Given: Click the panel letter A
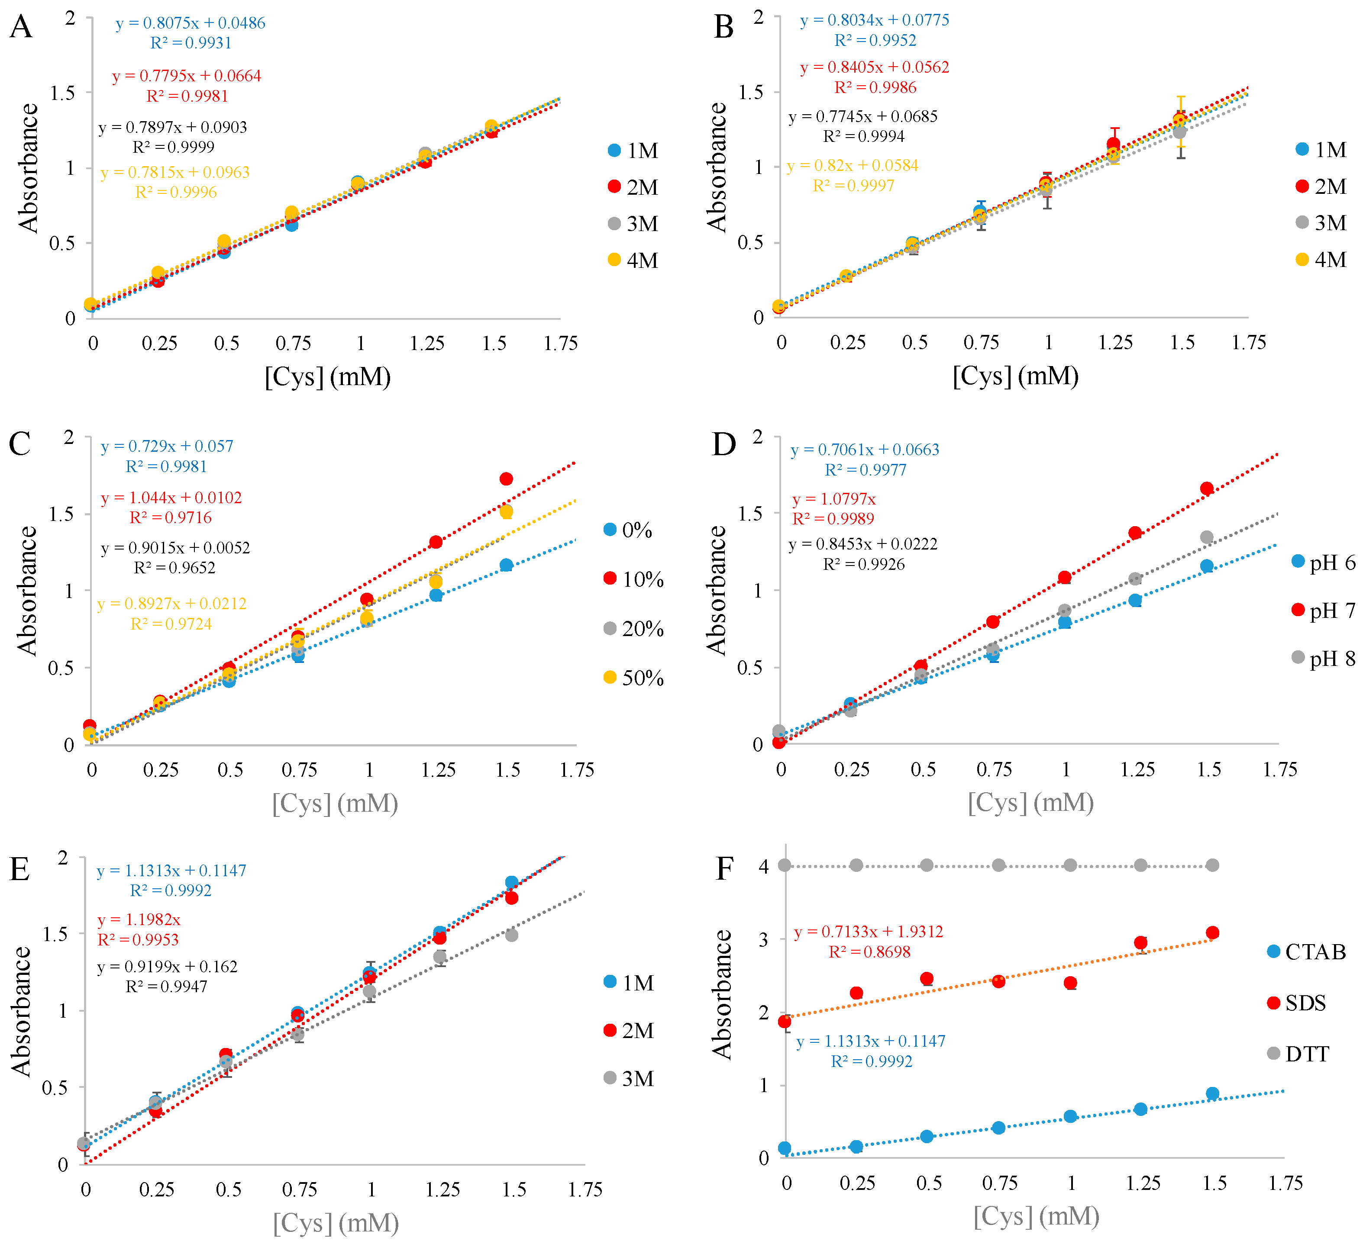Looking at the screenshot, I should (x=21, y=28).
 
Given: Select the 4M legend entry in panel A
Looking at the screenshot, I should (x=633, y=260).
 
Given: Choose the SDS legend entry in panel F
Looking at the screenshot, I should (x=1297, y=1003).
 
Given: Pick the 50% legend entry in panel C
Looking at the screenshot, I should (x=633, y=678).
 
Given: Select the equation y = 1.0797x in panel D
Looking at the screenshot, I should (x=833, y=499).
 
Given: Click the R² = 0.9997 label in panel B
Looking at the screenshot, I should (x=853, y=186).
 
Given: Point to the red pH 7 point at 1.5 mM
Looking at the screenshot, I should (x=1207, y=489).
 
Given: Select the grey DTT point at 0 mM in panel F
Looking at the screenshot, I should (x=784, y=865).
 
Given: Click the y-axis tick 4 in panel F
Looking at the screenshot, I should (x=764, y=866).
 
